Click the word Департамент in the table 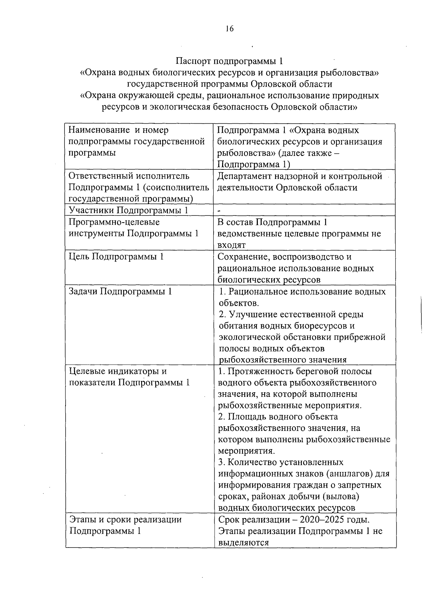pyautogui.click(x=245, y=176)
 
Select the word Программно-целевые pyautogui.click(x=114, y=222)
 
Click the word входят pyautogui.click(x=231, y=245)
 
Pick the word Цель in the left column pyautogui.click(x=79, y=257)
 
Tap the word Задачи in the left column pyautogui.click(x=83, y=291)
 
